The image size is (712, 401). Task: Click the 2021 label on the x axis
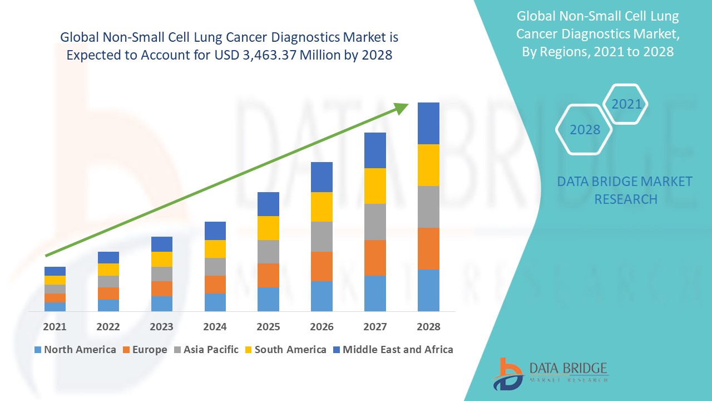click(55, 327)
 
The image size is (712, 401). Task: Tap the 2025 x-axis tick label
click(268, 327)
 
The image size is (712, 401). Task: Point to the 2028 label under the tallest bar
click(428, 327)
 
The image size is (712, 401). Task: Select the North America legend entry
click(75, 350)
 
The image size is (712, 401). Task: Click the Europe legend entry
click(144, 350)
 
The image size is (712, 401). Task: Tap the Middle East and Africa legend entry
click(392, 350)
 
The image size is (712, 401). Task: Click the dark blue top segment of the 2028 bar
click(428, 123)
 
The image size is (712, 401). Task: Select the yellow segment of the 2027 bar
click(375, 186)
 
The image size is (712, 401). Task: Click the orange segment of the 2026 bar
click(322, 266)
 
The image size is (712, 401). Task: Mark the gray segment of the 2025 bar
click(268, 252)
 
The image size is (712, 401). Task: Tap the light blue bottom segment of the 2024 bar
click(215, 302)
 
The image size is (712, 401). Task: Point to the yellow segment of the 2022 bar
click(108, 270)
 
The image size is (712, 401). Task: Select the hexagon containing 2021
click(626, 104)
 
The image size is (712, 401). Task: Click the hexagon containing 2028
click(585, 130)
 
